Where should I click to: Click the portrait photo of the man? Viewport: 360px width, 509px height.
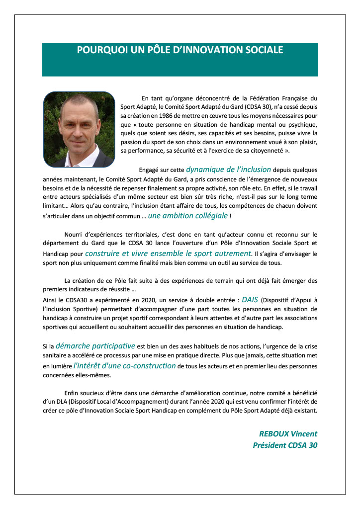(x=79, y=129)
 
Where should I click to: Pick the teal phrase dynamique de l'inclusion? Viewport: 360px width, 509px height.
(x=228, y=170)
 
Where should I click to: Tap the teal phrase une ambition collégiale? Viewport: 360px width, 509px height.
(x=188, y=215)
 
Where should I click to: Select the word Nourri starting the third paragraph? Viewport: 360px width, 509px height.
(x=75, y=234)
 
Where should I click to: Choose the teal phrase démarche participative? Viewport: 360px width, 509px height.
(x=95, y=346)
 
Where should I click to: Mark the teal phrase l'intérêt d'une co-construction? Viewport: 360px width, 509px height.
(x=124, y=365)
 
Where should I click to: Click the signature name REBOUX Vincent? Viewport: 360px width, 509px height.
(x=288, y=433)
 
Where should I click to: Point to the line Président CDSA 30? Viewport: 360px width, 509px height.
(x=285, y=445)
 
